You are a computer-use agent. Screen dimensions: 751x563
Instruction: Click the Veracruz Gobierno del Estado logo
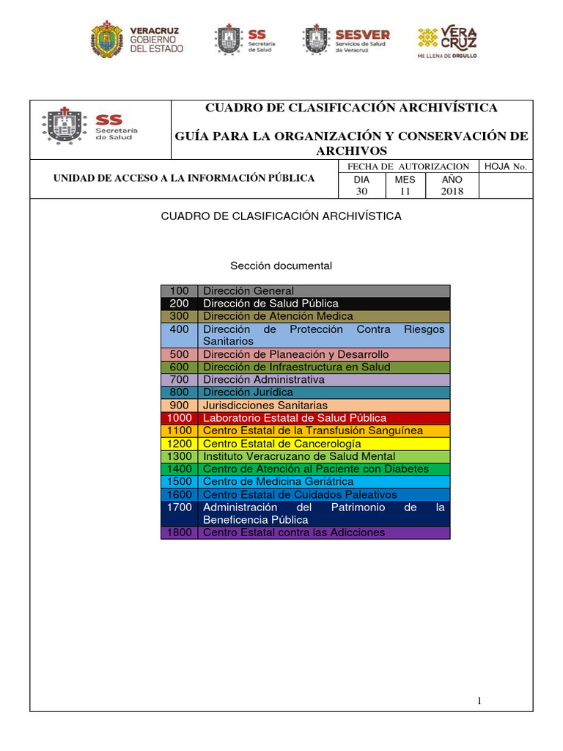click(137, 40)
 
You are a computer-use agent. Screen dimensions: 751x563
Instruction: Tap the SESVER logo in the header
click(346, 40)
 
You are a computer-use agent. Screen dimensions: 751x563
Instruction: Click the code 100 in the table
click(179, 291)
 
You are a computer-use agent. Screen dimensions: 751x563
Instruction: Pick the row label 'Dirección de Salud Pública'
click(271, 304)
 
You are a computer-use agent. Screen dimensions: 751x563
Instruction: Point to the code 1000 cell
click(179, 418)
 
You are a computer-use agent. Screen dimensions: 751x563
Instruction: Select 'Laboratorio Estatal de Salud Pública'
click(294, 418)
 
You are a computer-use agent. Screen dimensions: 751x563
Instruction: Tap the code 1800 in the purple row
click(179, 532)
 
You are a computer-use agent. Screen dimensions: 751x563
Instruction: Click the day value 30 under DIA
click(361, 191)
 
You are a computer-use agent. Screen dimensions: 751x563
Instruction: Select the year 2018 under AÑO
click(452, 191)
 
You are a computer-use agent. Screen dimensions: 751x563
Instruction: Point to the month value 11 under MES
click(405, 191)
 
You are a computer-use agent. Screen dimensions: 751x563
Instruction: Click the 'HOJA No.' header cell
click(506, 166)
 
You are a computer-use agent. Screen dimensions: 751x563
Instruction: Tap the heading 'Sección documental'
click(281, 265)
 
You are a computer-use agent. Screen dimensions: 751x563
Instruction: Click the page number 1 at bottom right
click(479, 701)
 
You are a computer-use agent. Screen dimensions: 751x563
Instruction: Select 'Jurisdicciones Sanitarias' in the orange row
click(265, 406)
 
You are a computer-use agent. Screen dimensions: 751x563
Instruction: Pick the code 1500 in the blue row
click(179, 482)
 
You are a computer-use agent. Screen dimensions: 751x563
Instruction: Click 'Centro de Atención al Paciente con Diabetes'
click(315, 469)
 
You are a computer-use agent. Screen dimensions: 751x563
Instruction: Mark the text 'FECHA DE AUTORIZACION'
click(408, 166)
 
